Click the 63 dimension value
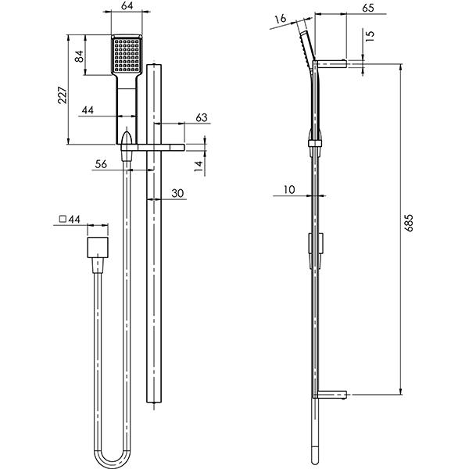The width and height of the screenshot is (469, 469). click(x=179, y=118)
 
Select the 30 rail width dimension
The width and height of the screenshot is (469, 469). click(x=177, y=193)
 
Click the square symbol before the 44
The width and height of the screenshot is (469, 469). click(x=63, y=221)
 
